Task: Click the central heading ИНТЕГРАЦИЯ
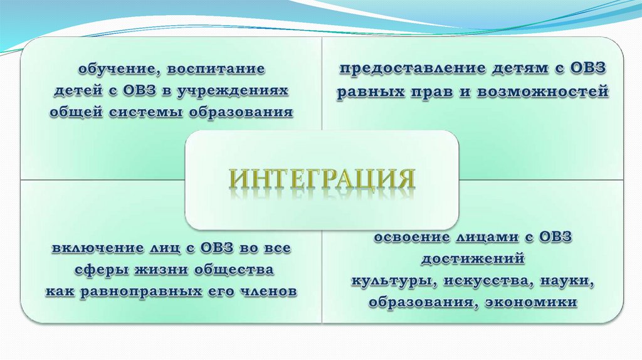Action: click(322, 179)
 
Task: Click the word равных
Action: click(366, 92)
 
